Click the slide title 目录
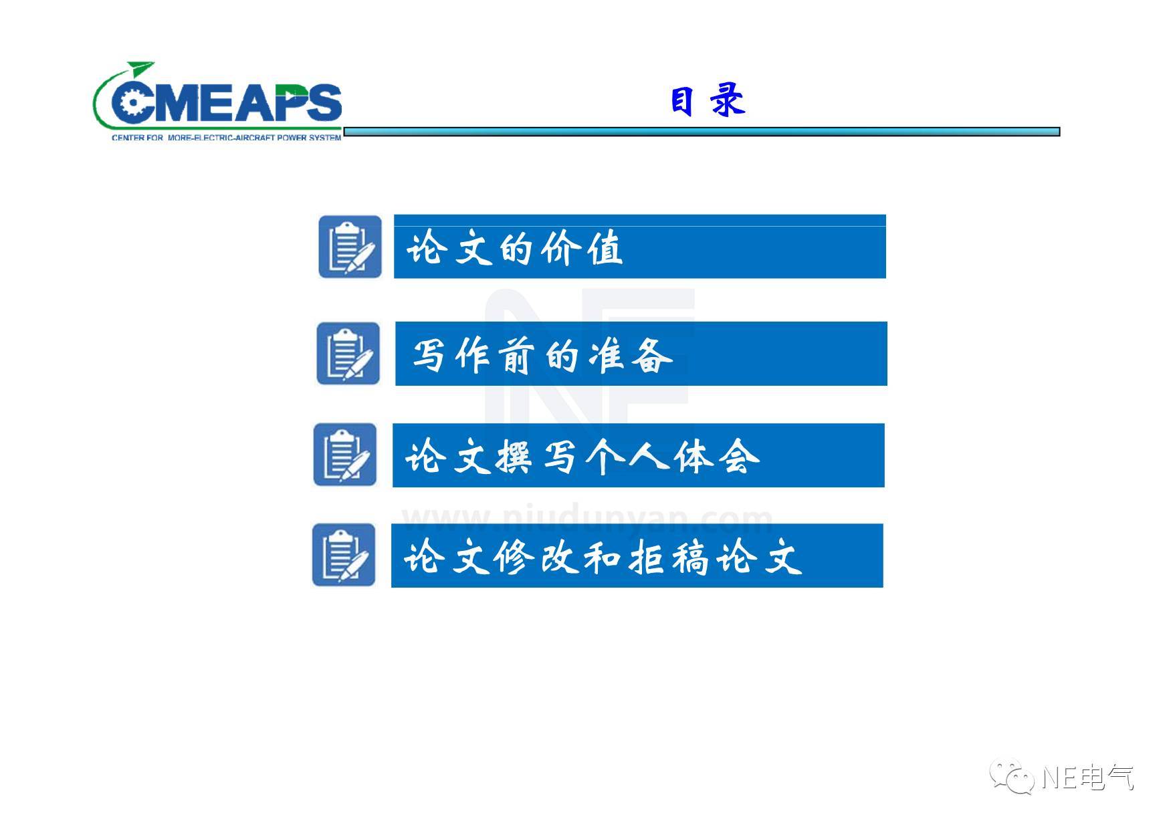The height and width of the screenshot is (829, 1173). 708,102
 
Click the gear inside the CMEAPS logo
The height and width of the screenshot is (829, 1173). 129,102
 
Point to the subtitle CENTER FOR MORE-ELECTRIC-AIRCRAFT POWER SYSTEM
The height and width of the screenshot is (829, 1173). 226,138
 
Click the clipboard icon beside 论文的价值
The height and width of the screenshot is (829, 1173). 350,247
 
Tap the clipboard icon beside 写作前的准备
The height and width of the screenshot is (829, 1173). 348,354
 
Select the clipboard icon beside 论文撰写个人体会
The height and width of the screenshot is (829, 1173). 345,455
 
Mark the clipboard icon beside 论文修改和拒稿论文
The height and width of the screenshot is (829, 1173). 344,555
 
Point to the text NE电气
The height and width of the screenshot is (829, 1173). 1087,778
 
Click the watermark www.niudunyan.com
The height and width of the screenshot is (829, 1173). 587,519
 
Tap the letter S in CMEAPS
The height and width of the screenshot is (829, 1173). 322,104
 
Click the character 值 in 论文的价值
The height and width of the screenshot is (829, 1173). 605,248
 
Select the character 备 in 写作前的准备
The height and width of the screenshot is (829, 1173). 651,355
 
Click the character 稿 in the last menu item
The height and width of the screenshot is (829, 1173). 690,557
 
